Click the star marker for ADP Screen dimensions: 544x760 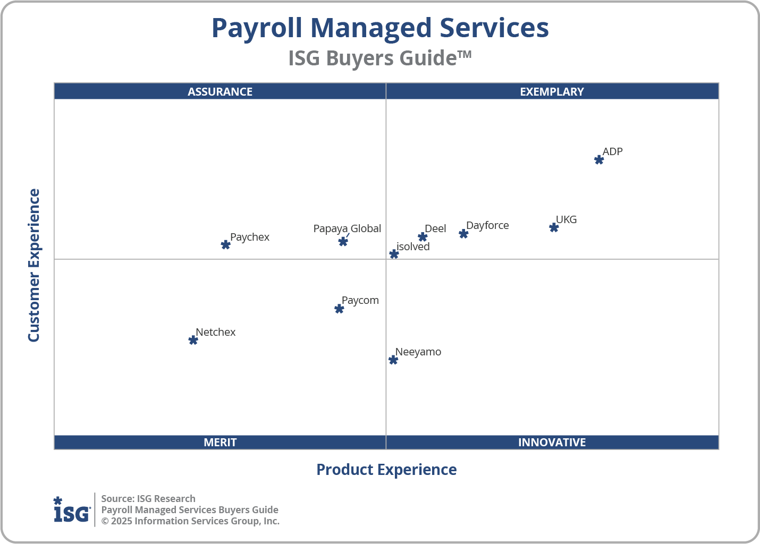coord(599,160)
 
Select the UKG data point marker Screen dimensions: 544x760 coord(554,227)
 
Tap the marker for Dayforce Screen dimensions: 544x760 coord(463,234)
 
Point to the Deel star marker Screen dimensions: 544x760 coord(423,237)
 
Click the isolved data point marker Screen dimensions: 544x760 coord(394,254)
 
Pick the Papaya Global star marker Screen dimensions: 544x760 coord(343,242)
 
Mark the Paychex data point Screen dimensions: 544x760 coord(225,245)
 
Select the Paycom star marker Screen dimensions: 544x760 coord(339,309)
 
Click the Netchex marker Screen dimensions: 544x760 coord(193,340)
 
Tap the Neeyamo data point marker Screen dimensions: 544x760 coord(393,360)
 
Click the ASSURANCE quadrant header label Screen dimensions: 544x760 coord(220,91)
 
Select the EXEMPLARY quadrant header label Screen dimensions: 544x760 coord(552,91)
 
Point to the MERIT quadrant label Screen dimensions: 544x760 coord(220,442)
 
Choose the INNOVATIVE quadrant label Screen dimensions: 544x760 coord(552,442)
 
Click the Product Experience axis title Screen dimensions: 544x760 coord(386,470)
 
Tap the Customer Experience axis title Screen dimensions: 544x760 coord(34,266)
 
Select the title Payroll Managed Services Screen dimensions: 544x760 coord(380,28)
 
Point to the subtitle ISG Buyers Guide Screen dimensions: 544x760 coord(379,58)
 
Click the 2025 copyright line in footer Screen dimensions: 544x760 coord(190,521)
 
